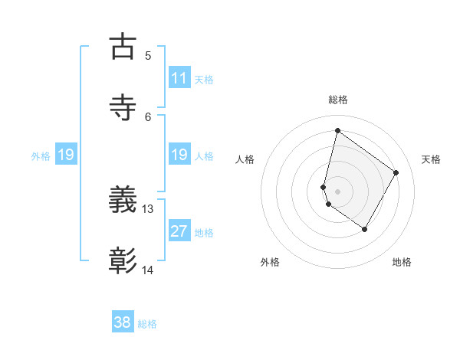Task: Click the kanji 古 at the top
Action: (x=123, y=47)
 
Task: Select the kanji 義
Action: (x=123, y=201)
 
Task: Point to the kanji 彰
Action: (x=123, y=261)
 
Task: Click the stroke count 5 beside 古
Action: (x=148, y=56)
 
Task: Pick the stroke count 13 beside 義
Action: (x=148, y=208)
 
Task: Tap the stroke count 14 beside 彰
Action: (x=148, y=270)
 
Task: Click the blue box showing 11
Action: (x=179, y=78)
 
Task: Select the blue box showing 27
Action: (x=179, y=231)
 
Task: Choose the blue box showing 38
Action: (x=123, y=322)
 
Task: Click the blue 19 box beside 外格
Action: (x=66, y=155)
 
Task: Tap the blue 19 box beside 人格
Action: (x=179, y=155)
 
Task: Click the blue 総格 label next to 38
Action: (x=147, y=324)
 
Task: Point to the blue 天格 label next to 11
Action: (x=204, y=79)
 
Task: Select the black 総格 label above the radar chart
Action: (x=337, y=100)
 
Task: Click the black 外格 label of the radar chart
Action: (x=270, y=262)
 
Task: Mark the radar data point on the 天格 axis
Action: (x=396, y=172)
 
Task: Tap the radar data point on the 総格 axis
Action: (x=337, y=130)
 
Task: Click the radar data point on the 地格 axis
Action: (x=365, y=230)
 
